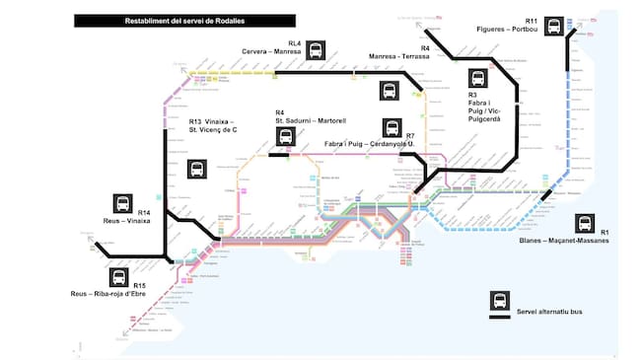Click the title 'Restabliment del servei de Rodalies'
click(184, 21)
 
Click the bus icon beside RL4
click(316, 48)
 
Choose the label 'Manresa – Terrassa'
click(398, 56)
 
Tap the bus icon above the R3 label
click(479, 78)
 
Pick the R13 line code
click(196, 121)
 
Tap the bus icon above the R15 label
click(119, 279)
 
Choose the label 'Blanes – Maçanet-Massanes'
click(563, 241)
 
